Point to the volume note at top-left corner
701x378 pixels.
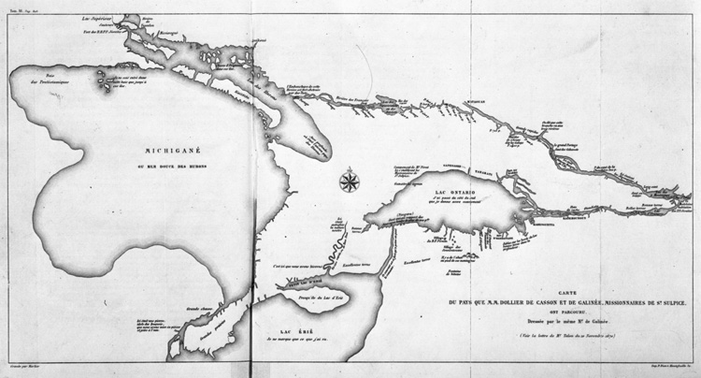(20, 5)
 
